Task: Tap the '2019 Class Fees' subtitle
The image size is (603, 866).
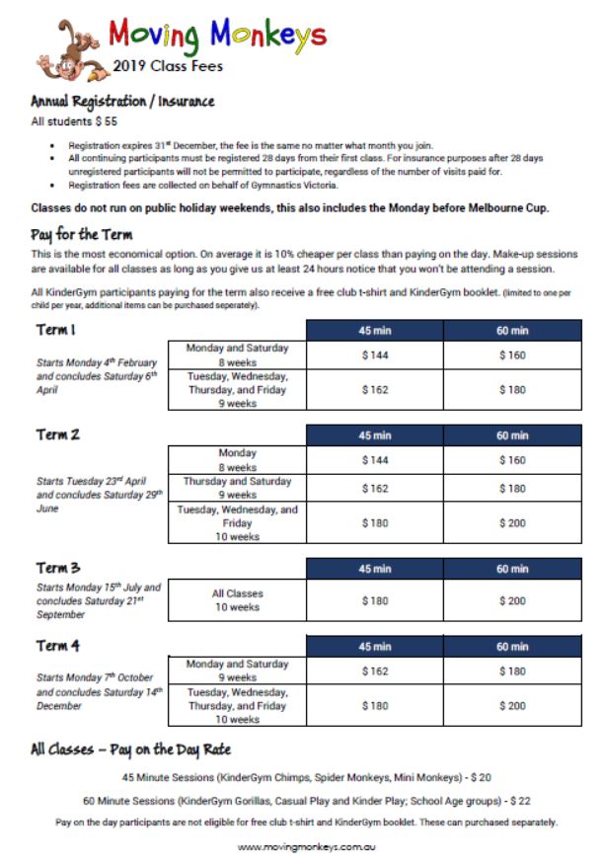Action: [168, 67]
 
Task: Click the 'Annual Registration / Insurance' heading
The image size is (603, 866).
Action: [122, 102]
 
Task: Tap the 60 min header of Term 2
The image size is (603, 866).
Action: [512, 435]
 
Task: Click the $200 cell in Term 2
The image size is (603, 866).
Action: [512, 523]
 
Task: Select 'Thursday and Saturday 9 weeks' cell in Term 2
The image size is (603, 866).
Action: [238, 488]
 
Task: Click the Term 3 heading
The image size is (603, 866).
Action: [58, 568]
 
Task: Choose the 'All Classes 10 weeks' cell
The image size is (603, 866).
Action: [238, 600]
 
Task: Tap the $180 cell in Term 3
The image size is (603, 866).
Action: [375, 600]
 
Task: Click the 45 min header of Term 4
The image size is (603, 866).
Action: [375, 647]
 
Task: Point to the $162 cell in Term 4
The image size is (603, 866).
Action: [375, 670]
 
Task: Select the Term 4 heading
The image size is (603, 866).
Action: [58, 647]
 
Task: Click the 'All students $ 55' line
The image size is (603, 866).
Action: [75, 122]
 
